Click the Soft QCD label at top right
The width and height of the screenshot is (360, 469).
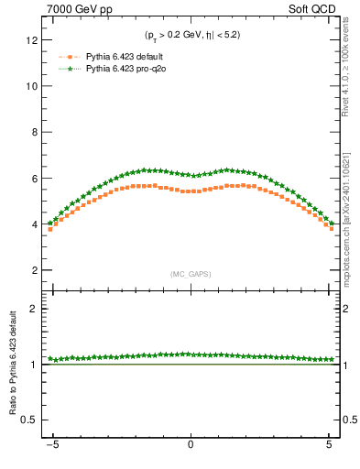(x=311, y=10)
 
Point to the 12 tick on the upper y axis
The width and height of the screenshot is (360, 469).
(x=33, y=40)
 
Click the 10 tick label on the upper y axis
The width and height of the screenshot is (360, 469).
(x=33, y=86)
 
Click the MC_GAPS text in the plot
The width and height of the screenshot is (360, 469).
(x=190, y=274)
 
